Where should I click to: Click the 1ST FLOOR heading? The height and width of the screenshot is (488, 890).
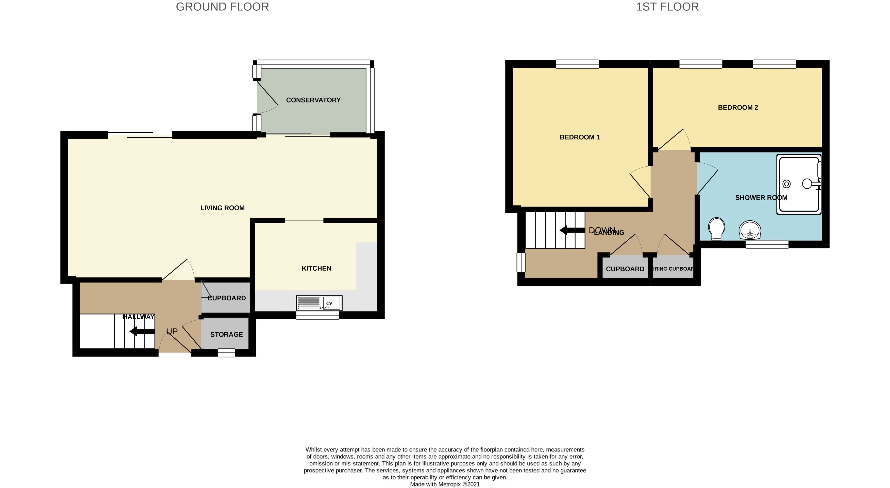tap(667, 7)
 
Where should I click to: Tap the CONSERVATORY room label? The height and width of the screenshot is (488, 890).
tap(313, 100)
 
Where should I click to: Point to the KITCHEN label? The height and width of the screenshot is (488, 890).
tap(316, 268)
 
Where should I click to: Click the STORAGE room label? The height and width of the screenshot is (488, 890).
tap(226, 334)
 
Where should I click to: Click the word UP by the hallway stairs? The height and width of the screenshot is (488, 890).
tap(172, 332)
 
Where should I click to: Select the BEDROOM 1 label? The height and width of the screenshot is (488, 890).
tap(579, 137)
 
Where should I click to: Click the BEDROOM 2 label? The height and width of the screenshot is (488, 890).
tap(738, 107)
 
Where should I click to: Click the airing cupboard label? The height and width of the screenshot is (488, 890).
tap(673, 269)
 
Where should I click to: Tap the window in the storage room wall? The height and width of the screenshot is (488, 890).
tap(226, 353)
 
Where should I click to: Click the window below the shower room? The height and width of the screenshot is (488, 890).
tap(767, 245)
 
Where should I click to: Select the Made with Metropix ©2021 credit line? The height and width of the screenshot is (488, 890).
tap(445, 484)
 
